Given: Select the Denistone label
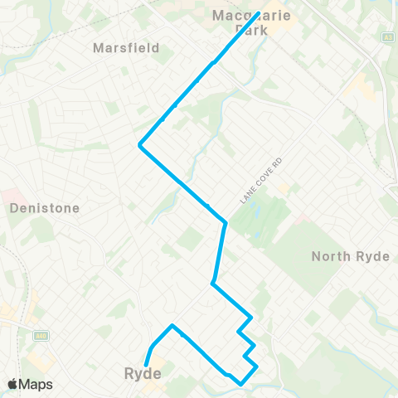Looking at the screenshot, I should point(45,208).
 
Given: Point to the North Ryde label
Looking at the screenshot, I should point(350,256).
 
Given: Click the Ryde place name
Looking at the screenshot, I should point(142,374).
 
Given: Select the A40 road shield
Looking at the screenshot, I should point(40,337).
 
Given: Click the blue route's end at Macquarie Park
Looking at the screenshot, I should point(260,13).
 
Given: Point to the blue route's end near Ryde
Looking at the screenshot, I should point(146,364).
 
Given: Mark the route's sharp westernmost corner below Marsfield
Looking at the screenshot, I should point(139,146).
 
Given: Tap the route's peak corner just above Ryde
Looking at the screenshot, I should point(172,326).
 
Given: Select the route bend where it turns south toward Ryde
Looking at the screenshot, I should point(226,222).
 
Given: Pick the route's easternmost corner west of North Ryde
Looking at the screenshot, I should point(257,366).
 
